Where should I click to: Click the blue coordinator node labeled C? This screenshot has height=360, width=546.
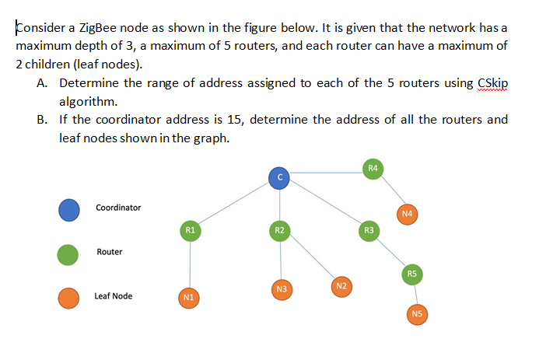point(279,178)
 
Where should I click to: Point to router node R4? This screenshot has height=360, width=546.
point(373,168)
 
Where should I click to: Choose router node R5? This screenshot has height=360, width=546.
point(412,273)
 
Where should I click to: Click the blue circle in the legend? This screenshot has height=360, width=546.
point(69,209)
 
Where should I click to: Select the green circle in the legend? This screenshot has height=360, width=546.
point(69,253)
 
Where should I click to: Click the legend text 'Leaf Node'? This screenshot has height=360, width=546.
point(113,296)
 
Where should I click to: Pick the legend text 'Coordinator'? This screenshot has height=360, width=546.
point(118,208)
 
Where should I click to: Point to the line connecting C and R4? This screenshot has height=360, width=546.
point(327,173)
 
